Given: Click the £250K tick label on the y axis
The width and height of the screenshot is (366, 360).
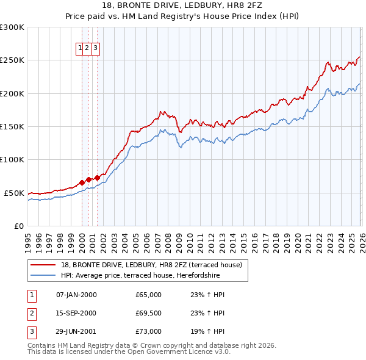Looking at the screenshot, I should coord(12,60).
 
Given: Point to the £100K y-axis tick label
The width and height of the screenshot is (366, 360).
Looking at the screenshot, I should coord(12,160).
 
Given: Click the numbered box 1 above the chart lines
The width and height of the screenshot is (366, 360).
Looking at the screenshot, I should coord(81,48).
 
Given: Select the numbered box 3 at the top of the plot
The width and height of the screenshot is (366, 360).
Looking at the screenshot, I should coord(96,48).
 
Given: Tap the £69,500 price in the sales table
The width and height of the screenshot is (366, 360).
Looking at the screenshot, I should coord(149,313).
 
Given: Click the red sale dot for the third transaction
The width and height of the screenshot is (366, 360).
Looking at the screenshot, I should coord(97,178).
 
